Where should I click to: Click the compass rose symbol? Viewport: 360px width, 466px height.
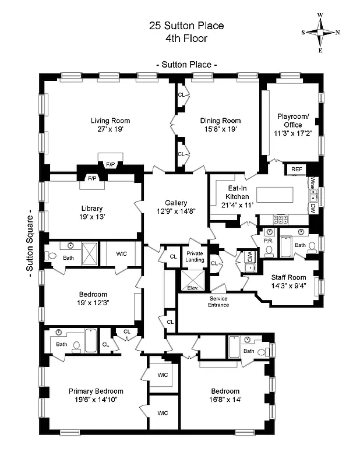pos(320,33)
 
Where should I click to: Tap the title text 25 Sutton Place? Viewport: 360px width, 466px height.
pos(186,26)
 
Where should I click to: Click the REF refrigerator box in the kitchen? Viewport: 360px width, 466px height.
pos(297,170)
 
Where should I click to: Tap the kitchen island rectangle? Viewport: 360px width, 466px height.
pos(278,194)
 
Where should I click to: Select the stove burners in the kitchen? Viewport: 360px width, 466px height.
pos(280,219)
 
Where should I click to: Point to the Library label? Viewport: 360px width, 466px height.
pos(92,208)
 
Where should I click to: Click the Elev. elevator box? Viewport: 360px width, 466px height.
pos(192,288)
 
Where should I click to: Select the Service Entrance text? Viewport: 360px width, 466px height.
pos(219,302)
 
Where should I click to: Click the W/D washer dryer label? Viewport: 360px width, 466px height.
pos(249,256)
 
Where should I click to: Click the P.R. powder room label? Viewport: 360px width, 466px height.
pos(269,240)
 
